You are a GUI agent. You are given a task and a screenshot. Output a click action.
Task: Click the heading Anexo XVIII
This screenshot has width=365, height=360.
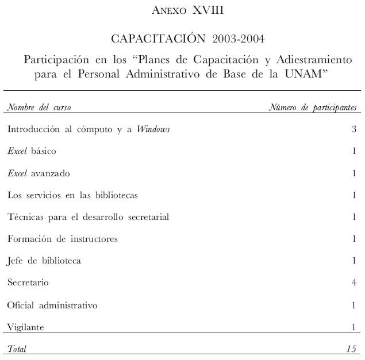[182, 10]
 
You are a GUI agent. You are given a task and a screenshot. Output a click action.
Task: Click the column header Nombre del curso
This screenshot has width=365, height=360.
[39, 107]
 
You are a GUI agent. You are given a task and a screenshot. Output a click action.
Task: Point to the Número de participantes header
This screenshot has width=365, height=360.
[313, 107]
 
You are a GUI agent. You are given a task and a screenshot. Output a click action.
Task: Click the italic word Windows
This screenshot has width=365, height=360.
[153, 129]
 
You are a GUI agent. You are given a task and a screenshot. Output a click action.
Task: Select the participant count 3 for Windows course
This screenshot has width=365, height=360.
[354, 129]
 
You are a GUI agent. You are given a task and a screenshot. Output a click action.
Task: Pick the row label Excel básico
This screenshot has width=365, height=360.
[32, 151]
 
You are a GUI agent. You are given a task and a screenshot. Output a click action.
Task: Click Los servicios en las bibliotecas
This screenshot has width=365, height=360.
[72, 195]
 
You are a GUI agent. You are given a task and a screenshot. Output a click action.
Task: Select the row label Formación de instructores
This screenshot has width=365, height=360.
[63, 239]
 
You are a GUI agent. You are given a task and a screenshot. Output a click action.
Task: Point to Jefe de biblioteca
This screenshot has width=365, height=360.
[44, 261]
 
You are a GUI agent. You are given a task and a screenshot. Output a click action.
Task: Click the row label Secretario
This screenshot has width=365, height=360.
[28, 283]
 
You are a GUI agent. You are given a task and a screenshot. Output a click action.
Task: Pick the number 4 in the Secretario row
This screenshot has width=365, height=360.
[354, 283]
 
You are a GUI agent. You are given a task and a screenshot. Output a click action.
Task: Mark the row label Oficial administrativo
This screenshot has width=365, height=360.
[52, 305]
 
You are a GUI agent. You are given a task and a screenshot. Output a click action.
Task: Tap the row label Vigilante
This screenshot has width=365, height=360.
[25, 327]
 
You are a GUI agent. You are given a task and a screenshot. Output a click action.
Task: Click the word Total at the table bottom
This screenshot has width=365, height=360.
[17, 348]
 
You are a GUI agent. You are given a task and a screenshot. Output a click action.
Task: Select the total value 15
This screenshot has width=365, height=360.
[351, 348]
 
